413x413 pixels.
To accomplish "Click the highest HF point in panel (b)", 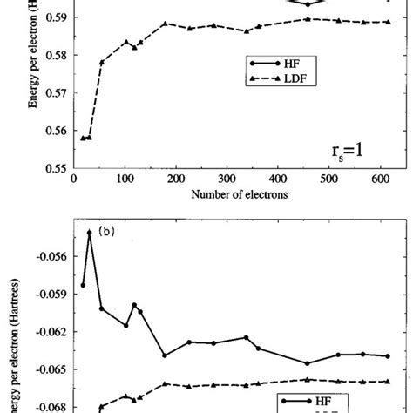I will point(89,232).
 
